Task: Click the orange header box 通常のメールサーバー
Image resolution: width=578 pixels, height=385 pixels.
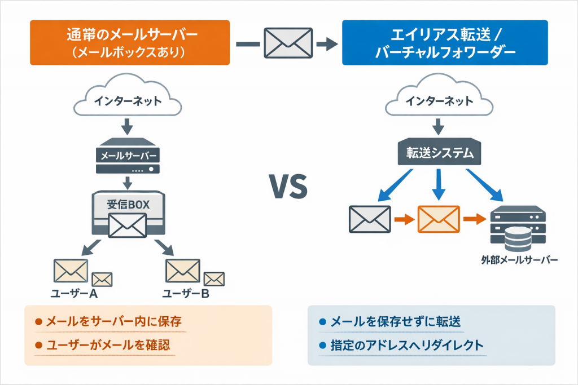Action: [130, 43]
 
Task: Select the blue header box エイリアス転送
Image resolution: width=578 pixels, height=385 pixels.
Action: [445, 43]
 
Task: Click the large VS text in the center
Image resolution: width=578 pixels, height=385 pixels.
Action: [288, 187]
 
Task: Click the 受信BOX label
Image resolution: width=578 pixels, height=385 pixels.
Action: [128, 205]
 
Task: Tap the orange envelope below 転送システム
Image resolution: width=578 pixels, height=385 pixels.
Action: [438, 219]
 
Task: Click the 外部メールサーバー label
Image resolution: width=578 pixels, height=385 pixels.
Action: [519, 260]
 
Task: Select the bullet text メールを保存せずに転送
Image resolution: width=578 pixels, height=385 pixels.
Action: [395, 322]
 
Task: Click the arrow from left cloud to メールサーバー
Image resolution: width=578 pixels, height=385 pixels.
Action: [128, 127]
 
